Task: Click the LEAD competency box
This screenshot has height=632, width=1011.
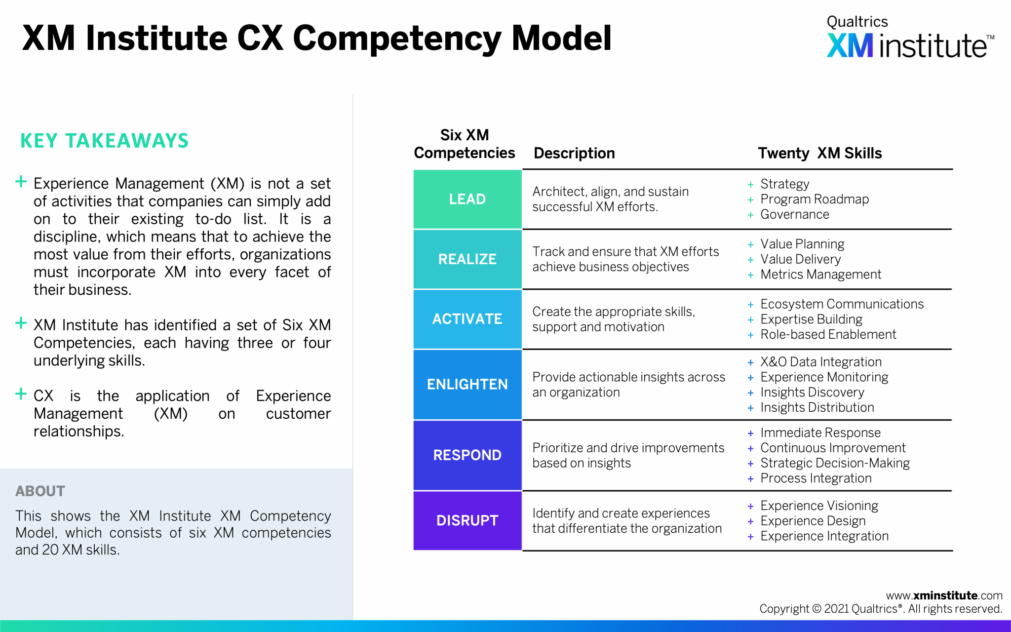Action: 467,199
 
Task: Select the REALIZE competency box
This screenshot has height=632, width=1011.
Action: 467,259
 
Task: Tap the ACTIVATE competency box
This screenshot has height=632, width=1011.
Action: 467,319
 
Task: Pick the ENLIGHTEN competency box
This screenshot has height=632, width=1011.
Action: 467,384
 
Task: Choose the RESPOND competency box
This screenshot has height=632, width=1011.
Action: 467,455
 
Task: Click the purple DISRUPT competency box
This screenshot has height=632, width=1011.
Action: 467,520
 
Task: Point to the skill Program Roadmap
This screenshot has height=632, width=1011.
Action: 814,199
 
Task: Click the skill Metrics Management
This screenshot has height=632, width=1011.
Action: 820,275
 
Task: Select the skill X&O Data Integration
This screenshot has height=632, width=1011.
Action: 820,362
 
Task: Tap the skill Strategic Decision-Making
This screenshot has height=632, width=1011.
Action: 835,463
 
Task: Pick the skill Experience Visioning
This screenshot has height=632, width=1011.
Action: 819,506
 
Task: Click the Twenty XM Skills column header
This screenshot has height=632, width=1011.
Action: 819,153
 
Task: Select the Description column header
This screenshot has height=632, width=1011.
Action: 574,153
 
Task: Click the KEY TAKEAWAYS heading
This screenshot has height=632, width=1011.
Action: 104,141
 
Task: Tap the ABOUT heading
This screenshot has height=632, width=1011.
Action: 40,491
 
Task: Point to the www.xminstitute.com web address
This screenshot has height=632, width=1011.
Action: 944,595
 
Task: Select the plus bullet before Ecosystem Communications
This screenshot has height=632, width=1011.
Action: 750,305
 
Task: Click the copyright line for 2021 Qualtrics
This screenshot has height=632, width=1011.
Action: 881,609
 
